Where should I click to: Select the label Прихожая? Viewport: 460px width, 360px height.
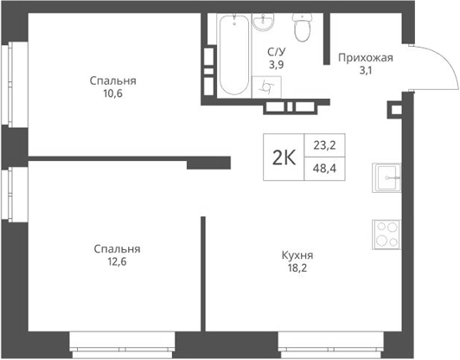[365, 58]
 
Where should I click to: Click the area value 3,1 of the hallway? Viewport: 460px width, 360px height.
[365, 71]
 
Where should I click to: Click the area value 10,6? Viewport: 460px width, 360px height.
[113, 94]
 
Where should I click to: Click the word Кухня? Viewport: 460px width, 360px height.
[297, 255]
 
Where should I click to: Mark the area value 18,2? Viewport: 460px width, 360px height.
[297, 269]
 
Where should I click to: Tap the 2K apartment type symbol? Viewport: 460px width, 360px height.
[283, 157]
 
